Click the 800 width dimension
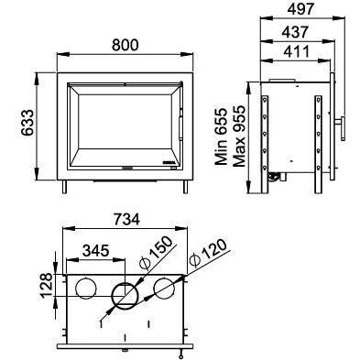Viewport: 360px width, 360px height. (x=125, y=45)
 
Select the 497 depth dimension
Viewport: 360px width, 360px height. (x=300, y=9)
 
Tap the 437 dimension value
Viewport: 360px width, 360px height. (x=295, y=32)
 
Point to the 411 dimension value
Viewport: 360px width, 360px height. (x=297, y=51)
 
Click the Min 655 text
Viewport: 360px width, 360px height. (x=222, y=136)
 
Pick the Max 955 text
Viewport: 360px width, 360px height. (x=239, y=136)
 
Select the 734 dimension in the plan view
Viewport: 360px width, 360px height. (x=126, y=219)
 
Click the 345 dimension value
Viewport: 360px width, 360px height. (x=96, y=251)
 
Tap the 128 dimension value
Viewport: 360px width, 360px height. (x=46, y=286)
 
